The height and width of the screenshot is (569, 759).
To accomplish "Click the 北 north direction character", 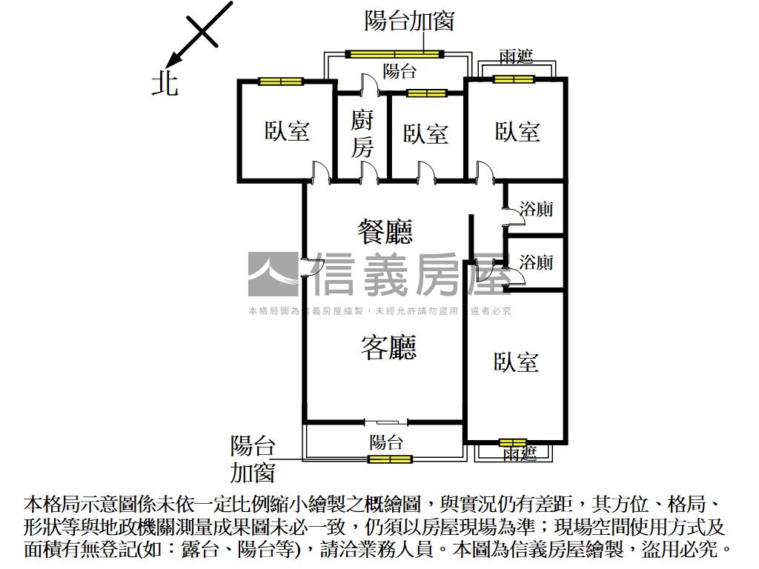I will click(165, 83).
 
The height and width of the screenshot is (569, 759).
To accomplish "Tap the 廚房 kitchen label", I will click(362, 133).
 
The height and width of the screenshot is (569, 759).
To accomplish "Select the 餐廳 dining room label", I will click(385, 232).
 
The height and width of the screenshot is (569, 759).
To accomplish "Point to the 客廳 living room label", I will click(388, 347).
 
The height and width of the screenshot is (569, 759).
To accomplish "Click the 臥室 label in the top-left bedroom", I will click(287, 131).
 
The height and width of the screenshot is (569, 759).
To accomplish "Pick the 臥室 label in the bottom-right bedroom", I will click(516, 362).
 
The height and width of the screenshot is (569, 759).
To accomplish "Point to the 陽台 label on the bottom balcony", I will click(386, 442).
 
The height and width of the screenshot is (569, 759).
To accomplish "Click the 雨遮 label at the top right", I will click(516, 58).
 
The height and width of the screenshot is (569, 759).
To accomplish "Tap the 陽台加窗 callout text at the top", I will click(408, 21).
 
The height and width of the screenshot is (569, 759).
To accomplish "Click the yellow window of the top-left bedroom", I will click(281, 81).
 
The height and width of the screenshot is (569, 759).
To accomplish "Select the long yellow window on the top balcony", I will click(395, 53).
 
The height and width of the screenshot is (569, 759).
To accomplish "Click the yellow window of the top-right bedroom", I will click(514, 79).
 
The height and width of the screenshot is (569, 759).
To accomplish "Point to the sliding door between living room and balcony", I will click(386, 422).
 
